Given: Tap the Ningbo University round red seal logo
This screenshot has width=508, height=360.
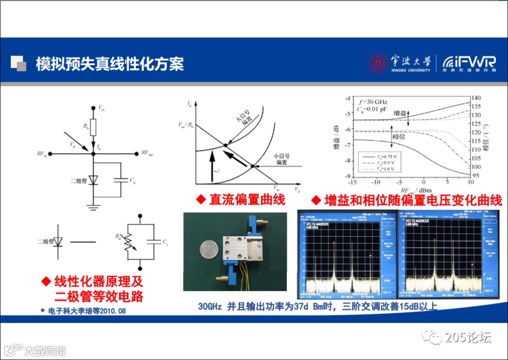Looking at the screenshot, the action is (x=377, y=63).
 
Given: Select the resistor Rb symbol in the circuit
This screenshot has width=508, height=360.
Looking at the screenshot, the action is (x=93, y=127).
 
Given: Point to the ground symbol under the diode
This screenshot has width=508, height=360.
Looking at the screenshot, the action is (x=93, y=205).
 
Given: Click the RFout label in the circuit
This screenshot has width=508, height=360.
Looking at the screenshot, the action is (x=147, y=153).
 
